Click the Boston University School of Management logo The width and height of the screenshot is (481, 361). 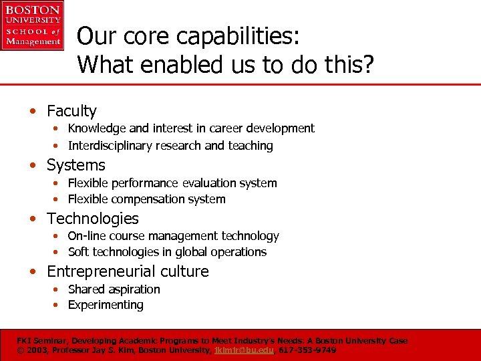[31, 26]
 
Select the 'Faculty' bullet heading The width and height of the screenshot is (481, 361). [71, 111]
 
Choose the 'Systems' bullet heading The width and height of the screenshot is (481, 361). [75, 165]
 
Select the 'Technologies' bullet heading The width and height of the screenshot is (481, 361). [92, 219]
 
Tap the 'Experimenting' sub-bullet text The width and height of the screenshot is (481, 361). [106, 305]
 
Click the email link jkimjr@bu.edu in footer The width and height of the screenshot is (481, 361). [243, 350]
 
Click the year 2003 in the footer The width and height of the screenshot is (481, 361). [37, 350]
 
